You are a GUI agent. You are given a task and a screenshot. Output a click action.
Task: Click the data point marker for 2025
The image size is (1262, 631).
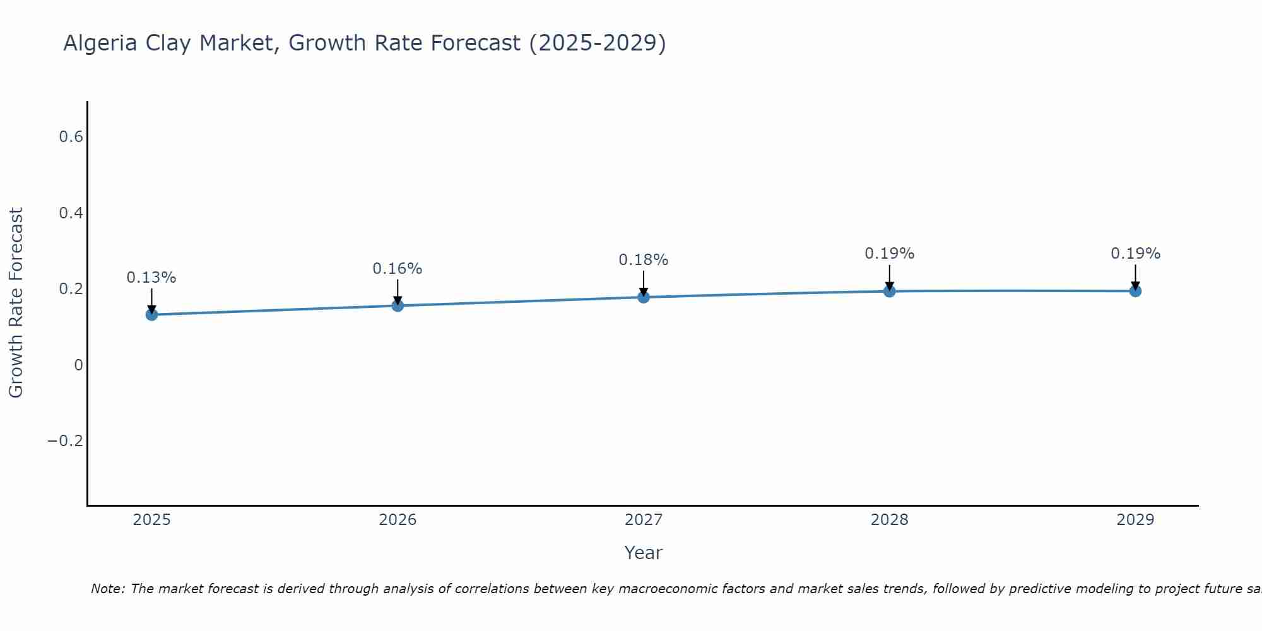pyautogui.click(x=151, y=314)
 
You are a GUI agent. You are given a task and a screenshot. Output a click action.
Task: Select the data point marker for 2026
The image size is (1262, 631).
pyautogui.click(x=398, y=305)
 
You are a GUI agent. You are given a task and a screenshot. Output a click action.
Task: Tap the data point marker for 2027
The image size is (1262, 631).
pyautogui.click(x=644, y=297)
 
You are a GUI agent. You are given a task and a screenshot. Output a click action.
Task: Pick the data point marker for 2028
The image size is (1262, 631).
pyautogui.click(x=889, y=291)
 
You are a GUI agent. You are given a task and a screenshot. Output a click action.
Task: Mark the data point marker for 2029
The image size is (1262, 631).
pyautogui.click(x=1135, y=291)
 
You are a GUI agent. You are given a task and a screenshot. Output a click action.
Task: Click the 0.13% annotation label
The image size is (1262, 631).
pyautogui.click(x=151, y=278)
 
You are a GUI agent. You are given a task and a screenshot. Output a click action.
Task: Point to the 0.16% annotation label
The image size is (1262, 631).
pyautogui.click(x=398, y=269)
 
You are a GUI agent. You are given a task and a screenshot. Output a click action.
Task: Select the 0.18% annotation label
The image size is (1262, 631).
pyautogui.click(x=644, y=260)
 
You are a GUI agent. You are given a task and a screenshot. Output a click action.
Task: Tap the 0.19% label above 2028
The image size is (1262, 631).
pyautogui.click(x=889, y=254)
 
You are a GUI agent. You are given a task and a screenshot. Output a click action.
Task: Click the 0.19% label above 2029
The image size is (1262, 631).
pyautogui.click(x=1135, y=254)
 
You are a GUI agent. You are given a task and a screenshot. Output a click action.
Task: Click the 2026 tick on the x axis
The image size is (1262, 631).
pyautogui.click(x=398, y=520)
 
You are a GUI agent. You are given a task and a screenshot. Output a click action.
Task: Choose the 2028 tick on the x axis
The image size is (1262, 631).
pyautogui.click(x=889, y=520)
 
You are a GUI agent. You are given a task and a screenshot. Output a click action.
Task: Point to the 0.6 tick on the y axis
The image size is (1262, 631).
pyautogui.click(x=71, y=137)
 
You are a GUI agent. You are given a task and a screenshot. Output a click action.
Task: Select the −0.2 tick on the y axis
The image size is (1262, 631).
pyautogui.click(x=66, y=440)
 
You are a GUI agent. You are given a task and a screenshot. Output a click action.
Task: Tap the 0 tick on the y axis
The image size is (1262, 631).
pyautogui.click(x=78, y=365)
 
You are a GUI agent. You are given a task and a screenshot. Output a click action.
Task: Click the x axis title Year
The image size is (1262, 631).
pyautogui.click(x=644, y=553)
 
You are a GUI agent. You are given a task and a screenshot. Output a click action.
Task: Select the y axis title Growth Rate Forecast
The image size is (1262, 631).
pyautogui.click(x=16, y=303)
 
